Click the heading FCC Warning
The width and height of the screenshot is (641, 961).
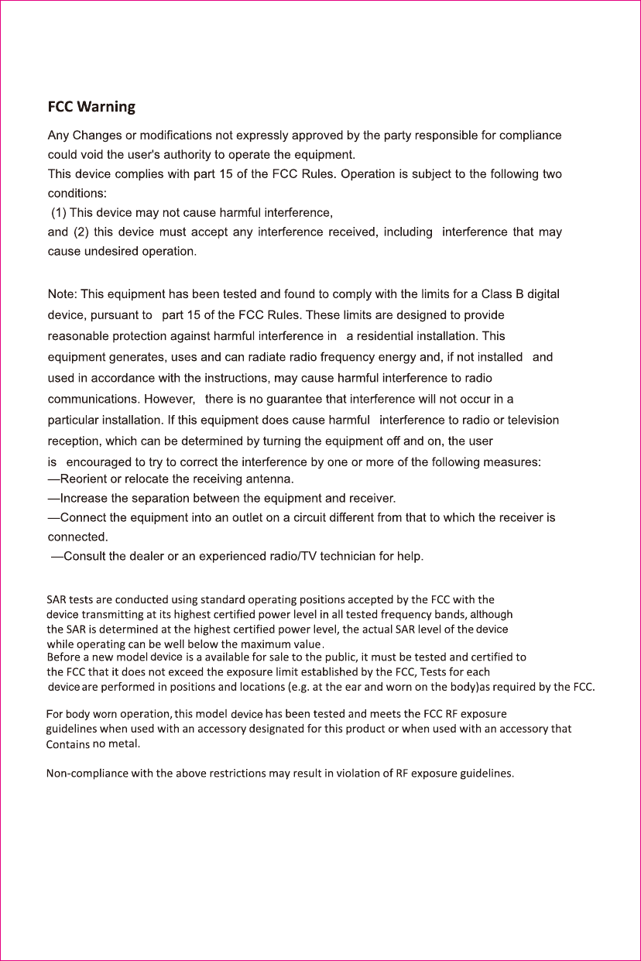pos(91,106)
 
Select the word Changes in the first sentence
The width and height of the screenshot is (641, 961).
pos(97,136)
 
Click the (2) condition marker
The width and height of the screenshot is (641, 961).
pos(83,232)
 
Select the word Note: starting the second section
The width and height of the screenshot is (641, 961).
pos(63,294)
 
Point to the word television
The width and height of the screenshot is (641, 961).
pos(531,420)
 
